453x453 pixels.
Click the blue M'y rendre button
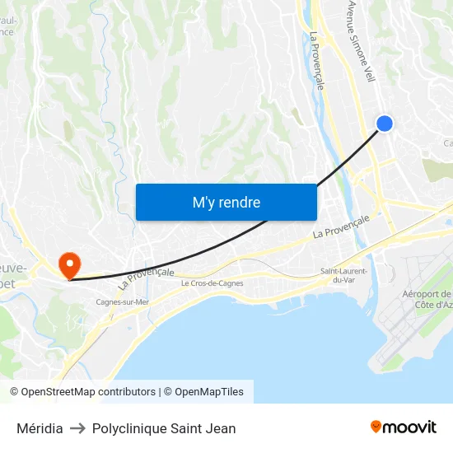(x=226, y=202)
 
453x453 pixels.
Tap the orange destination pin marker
(x=69, y=264)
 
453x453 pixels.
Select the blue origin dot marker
(x=384, y=124)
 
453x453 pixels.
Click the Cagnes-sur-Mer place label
(x=123, y=301)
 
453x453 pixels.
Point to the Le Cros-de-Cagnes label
(x=212, y=283)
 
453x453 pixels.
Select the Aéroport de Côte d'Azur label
(x=427, y=299)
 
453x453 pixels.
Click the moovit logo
(x=404, y=427)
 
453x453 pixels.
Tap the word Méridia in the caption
(x=40, y=428)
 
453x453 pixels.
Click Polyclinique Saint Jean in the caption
(x=164, y=428)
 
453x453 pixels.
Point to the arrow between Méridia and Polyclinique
(x=77, y=428)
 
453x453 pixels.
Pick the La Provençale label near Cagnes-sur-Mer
(x=146, y=278)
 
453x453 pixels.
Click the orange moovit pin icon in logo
(x=376, y=427)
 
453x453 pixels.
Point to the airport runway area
(x=412, y=329)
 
